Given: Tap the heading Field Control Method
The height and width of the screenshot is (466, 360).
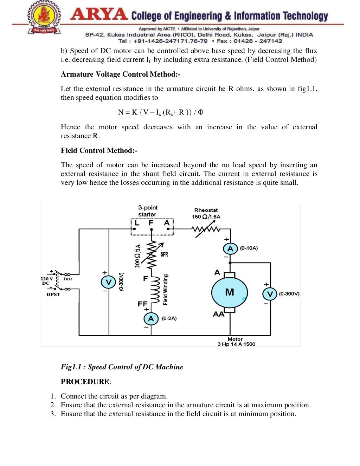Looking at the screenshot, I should point(99,150).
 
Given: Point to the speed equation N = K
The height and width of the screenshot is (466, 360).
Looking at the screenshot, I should point(161,112).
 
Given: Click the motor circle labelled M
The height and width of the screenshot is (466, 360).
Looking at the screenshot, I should point(230,292).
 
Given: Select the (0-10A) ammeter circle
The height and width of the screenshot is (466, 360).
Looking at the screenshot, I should point(230,249).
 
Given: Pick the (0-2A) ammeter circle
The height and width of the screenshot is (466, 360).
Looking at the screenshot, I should point(151,319).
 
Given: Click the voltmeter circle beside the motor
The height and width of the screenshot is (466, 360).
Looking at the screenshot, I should point(270,294).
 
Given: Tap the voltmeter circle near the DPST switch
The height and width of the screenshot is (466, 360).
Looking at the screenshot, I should point(108,282).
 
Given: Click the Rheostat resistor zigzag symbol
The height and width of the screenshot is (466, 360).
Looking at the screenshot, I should point(206,230).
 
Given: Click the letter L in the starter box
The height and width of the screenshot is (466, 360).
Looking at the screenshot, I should point(137,223).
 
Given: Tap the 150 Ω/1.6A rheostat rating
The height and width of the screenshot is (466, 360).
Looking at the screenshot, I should point(206,217).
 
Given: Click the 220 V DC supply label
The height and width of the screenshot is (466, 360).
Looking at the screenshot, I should point(46,281).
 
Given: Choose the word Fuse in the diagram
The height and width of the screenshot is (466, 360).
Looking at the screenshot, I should point(68,279).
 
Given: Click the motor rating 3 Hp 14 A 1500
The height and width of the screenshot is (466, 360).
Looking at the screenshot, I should point(236,344).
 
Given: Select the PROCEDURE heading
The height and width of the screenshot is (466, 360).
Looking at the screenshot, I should point(85,382).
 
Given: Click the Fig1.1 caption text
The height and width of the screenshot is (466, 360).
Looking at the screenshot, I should point(122,367).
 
